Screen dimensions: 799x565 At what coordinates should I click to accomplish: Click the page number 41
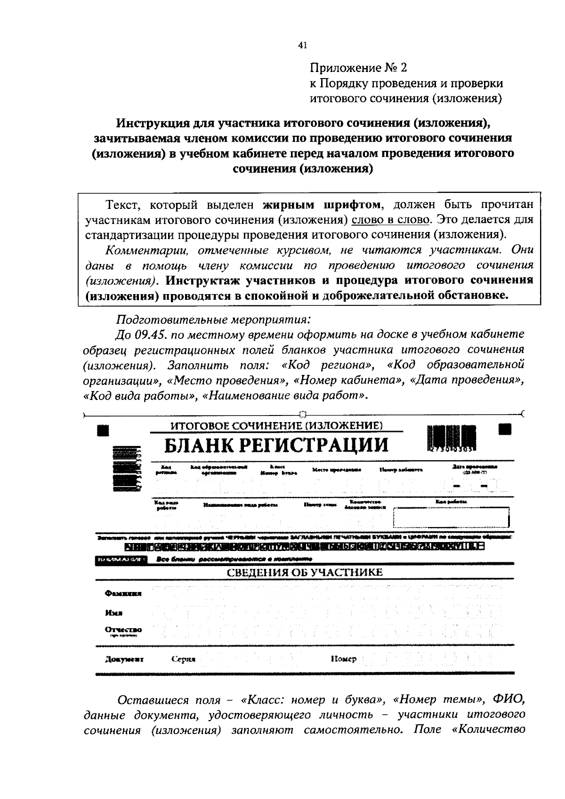[302, 45]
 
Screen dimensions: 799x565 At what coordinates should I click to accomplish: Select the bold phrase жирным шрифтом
[321, 205]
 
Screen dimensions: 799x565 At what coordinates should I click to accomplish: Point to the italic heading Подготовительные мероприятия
[213, 320]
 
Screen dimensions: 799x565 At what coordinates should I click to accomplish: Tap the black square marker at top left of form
[103, 430]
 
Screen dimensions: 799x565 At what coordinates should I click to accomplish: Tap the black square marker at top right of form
[505, 430]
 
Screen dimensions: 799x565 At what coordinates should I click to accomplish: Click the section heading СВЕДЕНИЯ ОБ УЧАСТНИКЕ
[305, 572]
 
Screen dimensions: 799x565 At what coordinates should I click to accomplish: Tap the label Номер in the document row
[344, 659]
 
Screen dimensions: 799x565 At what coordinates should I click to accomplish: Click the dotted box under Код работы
[452, 518]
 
